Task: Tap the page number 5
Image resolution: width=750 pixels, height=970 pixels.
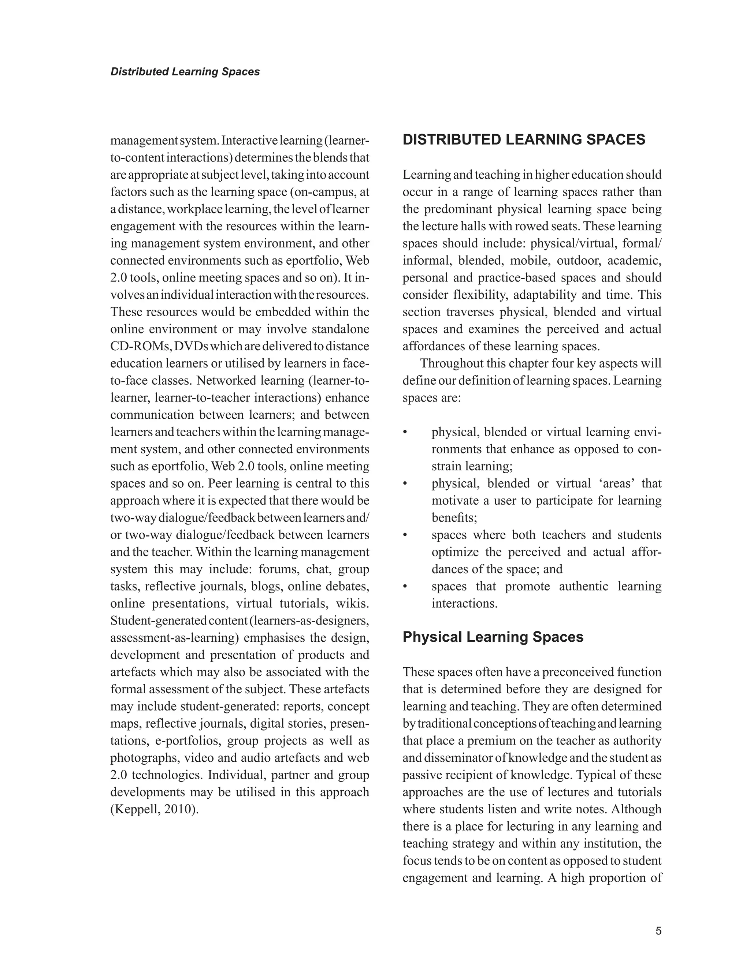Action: pos(658,931)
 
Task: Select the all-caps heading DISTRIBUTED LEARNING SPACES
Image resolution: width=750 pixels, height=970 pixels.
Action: pos(524,140)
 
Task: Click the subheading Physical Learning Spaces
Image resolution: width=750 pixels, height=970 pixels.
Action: pos(493,637)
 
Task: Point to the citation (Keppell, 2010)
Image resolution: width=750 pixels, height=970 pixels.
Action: pos(154,809)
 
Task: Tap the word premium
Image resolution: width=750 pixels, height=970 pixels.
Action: pos(490,741)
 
